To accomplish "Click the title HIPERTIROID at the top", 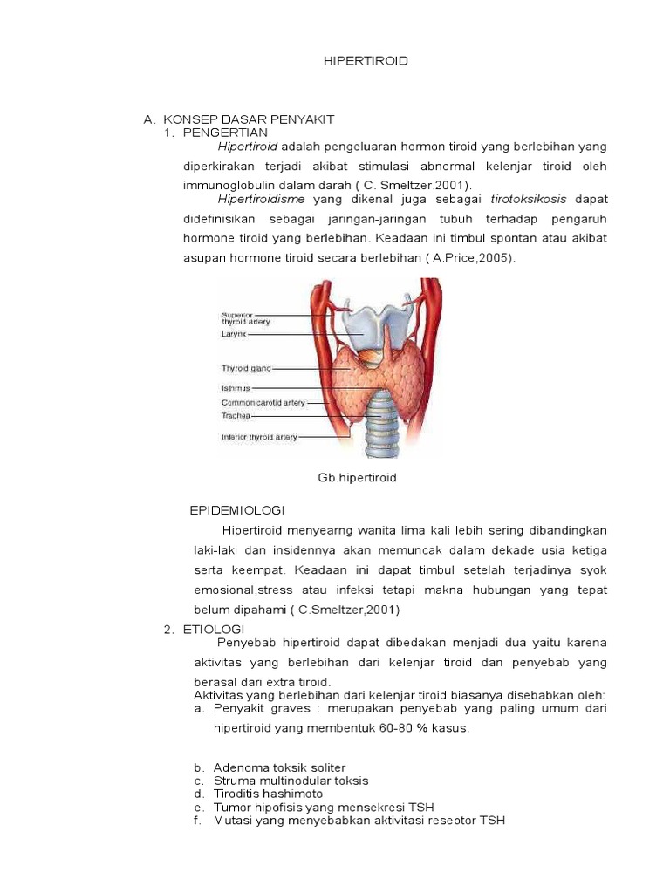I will coord(353,61).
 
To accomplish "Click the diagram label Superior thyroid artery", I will coord(245,317).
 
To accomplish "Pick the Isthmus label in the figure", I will coord(236,387).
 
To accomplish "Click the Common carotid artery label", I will coord(263,402).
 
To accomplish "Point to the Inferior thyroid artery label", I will coord(259,437).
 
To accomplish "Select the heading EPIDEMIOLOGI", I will coord(237,510).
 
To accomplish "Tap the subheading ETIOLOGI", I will coord(214,629).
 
